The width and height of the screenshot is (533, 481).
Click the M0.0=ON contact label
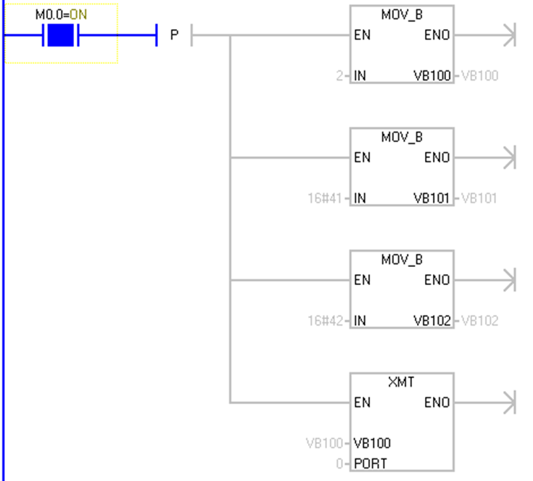[62, 13]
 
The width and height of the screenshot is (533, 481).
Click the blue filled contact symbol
[62, 35]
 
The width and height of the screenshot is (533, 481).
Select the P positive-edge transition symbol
[174, 35]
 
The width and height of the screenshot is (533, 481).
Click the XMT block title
[402, 382]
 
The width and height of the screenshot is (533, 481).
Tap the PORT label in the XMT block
[371, 464]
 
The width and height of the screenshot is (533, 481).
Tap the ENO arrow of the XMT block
[508, 403]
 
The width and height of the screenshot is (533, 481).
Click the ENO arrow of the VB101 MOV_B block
[508, 157]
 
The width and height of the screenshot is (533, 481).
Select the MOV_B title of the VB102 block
[402, 260]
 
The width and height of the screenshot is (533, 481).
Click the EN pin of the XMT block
[362, 403]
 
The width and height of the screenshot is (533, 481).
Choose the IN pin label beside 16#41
[360, 198]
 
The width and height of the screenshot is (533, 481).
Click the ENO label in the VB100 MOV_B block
[437, 35]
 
